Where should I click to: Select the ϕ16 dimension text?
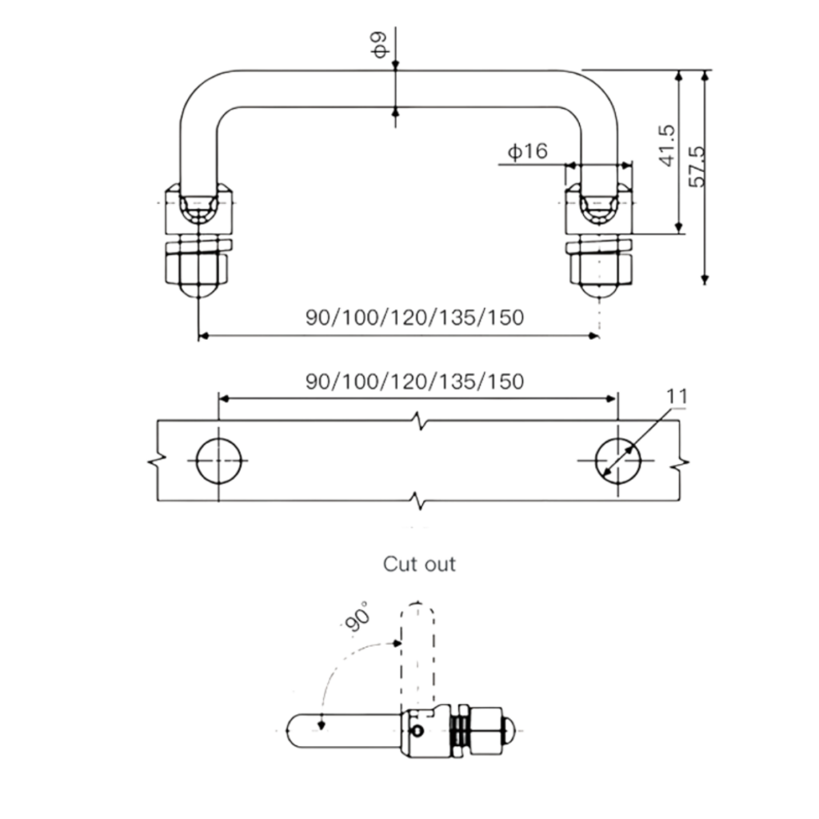[527, 150]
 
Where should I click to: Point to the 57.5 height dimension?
[697, 166]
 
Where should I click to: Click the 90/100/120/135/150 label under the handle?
[414, 318]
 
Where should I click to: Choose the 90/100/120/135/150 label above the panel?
[414, 382]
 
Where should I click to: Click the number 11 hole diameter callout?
[677, 396]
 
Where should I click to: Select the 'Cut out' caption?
[419, 564]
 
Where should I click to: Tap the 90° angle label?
[359, 617]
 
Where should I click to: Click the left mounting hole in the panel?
[219, 461]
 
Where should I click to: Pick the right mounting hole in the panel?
[618, 461]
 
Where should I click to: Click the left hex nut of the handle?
[197, 266]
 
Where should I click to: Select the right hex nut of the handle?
[600, 266]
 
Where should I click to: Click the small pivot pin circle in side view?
[417, 729]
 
